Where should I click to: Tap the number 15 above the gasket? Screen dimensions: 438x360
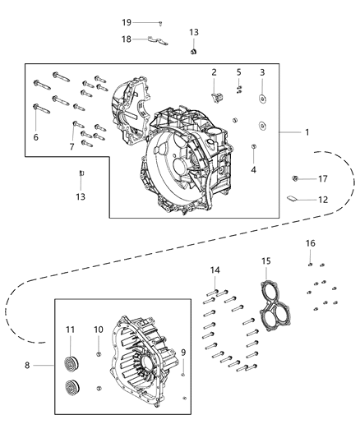265,261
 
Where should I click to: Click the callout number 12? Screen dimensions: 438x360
322,200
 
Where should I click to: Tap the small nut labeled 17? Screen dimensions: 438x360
295,178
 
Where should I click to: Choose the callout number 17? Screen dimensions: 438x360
323,179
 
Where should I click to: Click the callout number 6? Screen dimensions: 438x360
35,137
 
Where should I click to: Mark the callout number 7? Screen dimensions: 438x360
72,146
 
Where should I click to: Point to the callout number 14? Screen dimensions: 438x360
215,270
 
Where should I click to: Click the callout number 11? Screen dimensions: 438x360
70,330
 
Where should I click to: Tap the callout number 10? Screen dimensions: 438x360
98,330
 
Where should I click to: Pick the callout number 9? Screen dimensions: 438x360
183,353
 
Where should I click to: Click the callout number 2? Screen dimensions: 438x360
213,72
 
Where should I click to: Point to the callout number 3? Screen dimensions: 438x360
262,73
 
